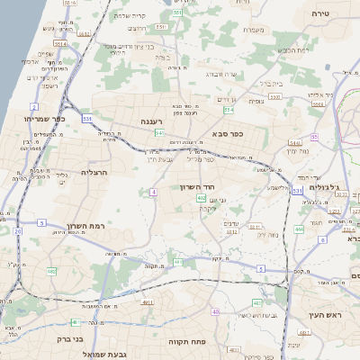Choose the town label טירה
click(x=320, y=13)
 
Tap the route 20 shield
click(x=17, y=231)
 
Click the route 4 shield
click(x=154, y=192)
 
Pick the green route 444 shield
click(x=298, y=229)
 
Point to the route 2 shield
click(x=34, y=107)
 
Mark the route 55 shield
click(x=314, y=137)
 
